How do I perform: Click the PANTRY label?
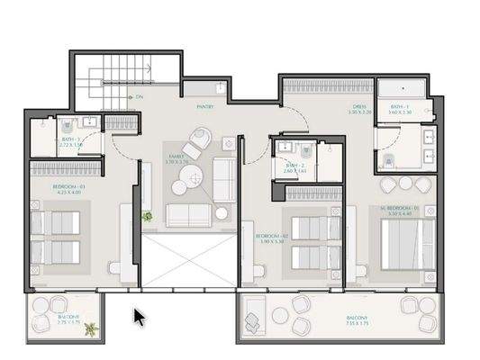point(204,106)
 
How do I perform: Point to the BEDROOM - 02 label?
point(269,236)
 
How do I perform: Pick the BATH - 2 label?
point(296,166)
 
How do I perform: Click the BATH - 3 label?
point(71,140)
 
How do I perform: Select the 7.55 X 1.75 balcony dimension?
point(358,325)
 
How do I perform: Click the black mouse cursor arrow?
point(140,318)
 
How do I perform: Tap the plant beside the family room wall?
point(147,216)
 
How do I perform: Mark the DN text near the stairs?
point(140,96)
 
